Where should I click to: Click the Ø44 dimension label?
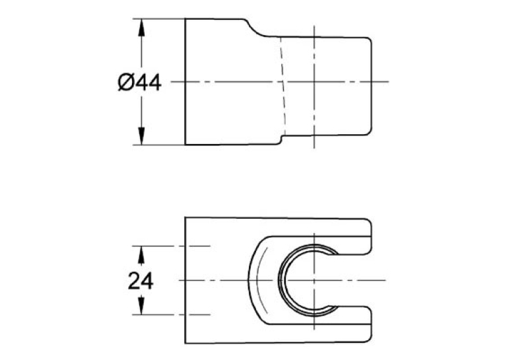click(139, 83)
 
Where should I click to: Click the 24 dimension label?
click(141, 281)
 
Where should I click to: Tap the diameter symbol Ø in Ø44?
click(125, 83)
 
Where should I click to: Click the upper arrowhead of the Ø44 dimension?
click(141, 27)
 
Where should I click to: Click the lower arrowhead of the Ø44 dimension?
click(141, 136)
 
